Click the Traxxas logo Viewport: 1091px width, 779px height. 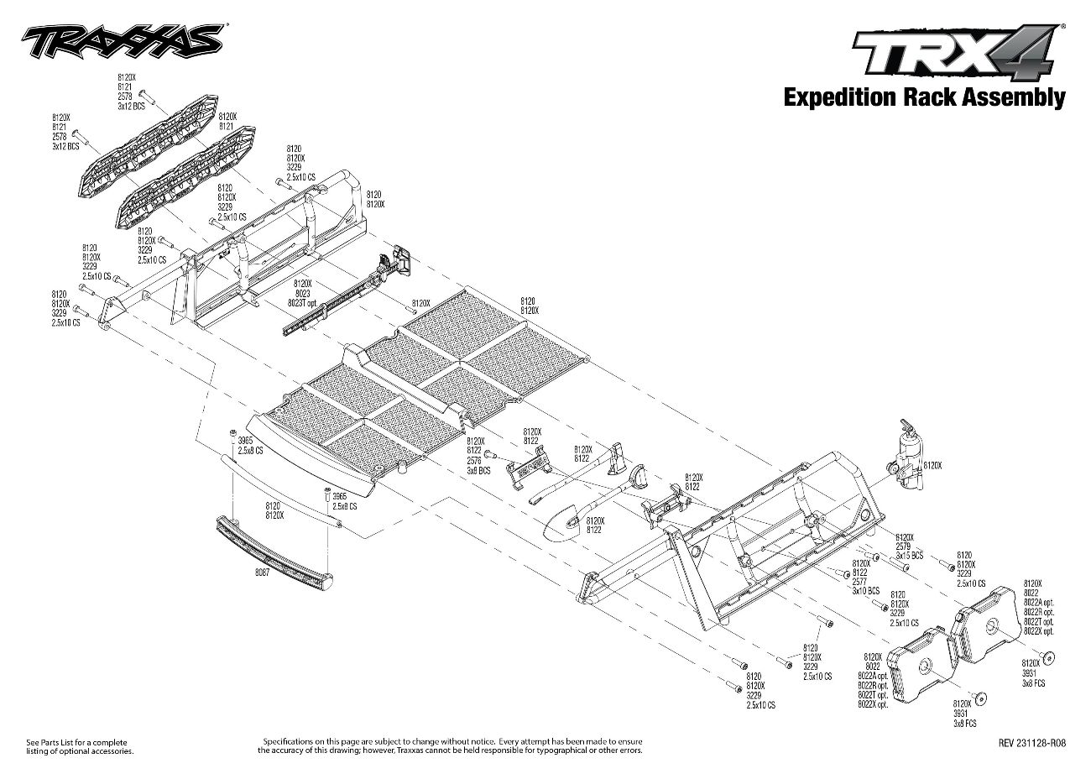coord(122,39)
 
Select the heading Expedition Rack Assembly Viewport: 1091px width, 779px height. coord(924,98)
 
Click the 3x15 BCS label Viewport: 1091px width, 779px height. coord(909,557)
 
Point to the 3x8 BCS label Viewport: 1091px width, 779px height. coord(478,472)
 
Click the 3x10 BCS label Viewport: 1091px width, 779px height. coord(865,591)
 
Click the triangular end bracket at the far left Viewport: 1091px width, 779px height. coord(109,308)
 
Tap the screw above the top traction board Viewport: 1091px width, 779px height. coord(144,93)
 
